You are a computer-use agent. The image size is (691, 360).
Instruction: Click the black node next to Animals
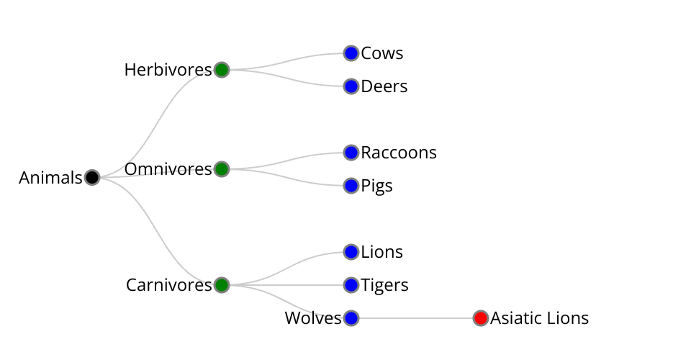[92, 177]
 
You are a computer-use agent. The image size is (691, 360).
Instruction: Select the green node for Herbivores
[222, 70]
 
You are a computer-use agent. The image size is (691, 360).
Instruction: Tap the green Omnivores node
[222, 169]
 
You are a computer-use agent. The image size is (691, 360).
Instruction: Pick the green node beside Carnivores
[222, 285]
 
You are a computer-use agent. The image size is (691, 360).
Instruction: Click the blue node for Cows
[351, 53]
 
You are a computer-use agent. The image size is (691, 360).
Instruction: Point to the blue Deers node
[351, 86]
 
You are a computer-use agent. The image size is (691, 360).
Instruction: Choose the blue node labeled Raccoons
[351, 153]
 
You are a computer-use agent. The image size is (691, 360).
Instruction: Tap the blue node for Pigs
[351, 186]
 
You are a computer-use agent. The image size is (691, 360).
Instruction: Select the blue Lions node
[351, 252]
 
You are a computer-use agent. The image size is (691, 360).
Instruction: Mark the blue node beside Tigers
[351, 285]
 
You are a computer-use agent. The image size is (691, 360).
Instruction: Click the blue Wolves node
[351, 318]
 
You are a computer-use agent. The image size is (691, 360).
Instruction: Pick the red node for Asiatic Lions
[481, 318]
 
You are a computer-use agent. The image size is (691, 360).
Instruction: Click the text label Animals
[50, 178]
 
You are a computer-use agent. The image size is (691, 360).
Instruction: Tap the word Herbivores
[168, 70]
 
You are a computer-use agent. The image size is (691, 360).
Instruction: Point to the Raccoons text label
[399, 153]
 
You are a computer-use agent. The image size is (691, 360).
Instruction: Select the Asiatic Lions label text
[539, 318]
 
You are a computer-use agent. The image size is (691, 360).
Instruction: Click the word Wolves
[312, 318]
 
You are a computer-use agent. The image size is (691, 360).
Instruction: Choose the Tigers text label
[384, 285]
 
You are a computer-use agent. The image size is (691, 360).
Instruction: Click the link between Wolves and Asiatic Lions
[416, 318]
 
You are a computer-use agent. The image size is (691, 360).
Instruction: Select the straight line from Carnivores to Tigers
[288, 285]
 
